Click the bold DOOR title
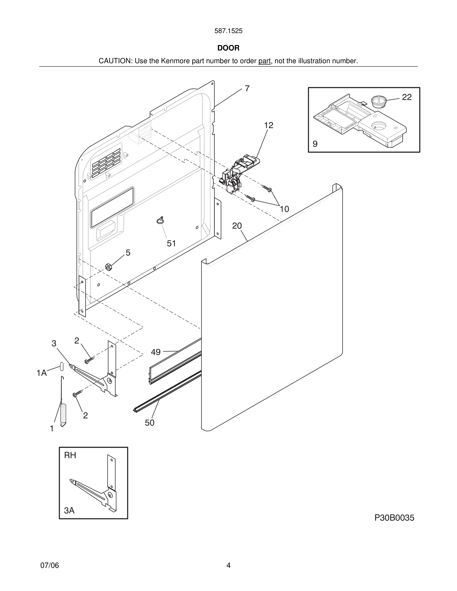click(228, 48)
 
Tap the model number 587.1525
click(228, 31)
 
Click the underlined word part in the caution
click(264, 61)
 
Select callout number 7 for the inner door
click(247, 89)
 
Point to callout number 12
click(269, 125)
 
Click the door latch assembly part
click(238, 173)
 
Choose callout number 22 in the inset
click(407, 97)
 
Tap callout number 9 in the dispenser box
click(315, 144)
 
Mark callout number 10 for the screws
click(284, 209)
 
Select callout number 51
click(171, 244)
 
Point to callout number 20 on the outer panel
click(237, 226)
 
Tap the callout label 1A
click(42, 373)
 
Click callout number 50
click(149, 423)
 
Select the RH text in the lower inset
click(70, 455)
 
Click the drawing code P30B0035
click(394, 518)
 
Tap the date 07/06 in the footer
click(50, 565)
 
